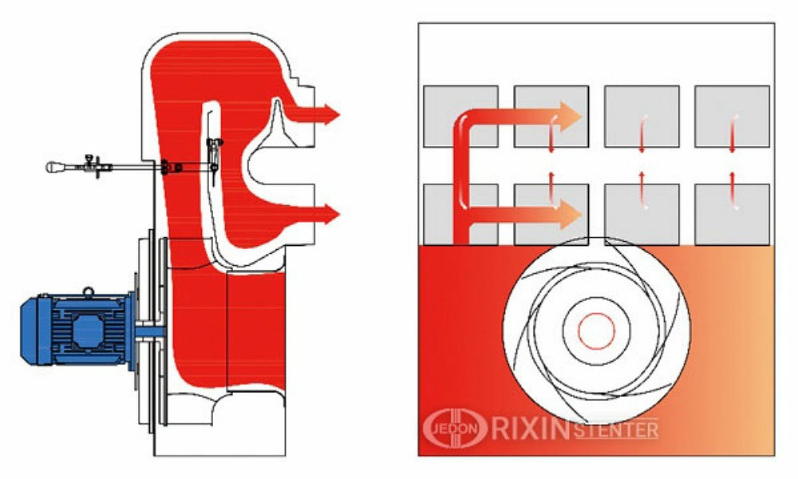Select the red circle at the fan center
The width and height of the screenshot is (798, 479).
[x=596, y=331]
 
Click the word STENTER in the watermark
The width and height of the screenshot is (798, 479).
[x=616, y=430]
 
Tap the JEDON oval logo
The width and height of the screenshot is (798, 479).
[x=456, y=428]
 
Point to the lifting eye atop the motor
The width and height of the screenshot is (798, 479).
[x=89, y=291]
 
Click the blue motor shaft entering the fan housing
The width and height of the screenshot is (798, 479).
[x=150, y=331]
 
